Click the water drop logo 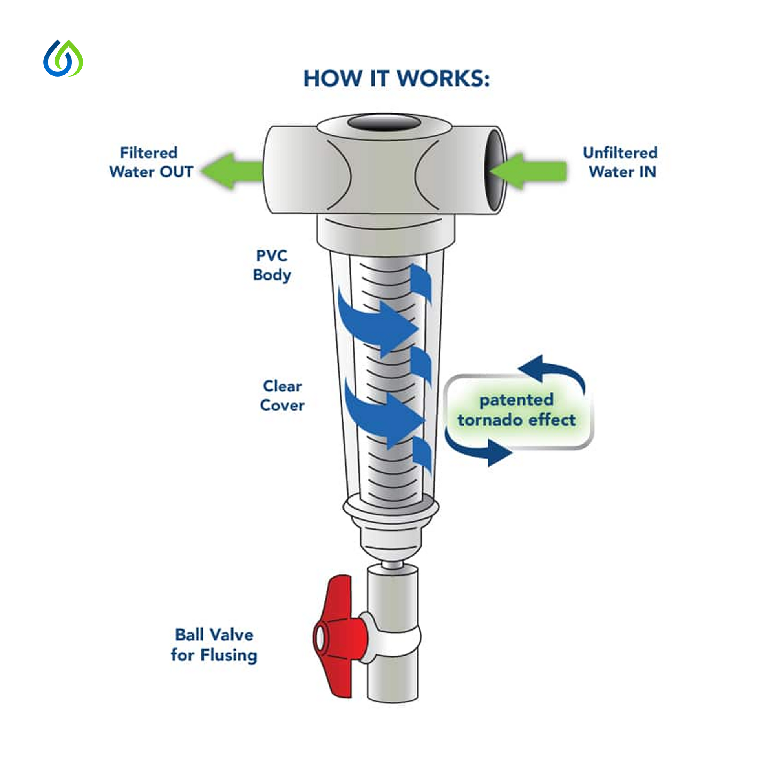[x=63, y=58]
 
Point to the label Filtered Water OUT [x=151, y=163]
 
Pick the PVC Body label [x=272, y=265]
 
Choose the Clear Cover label [x=282, y=396]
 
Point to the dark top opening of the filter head [x=384, y=122]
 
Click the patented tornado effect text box [x=518, y=411]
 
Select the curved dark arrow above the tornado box [x=554, y=370]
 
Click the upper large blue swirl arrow [x=376, y=324]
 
